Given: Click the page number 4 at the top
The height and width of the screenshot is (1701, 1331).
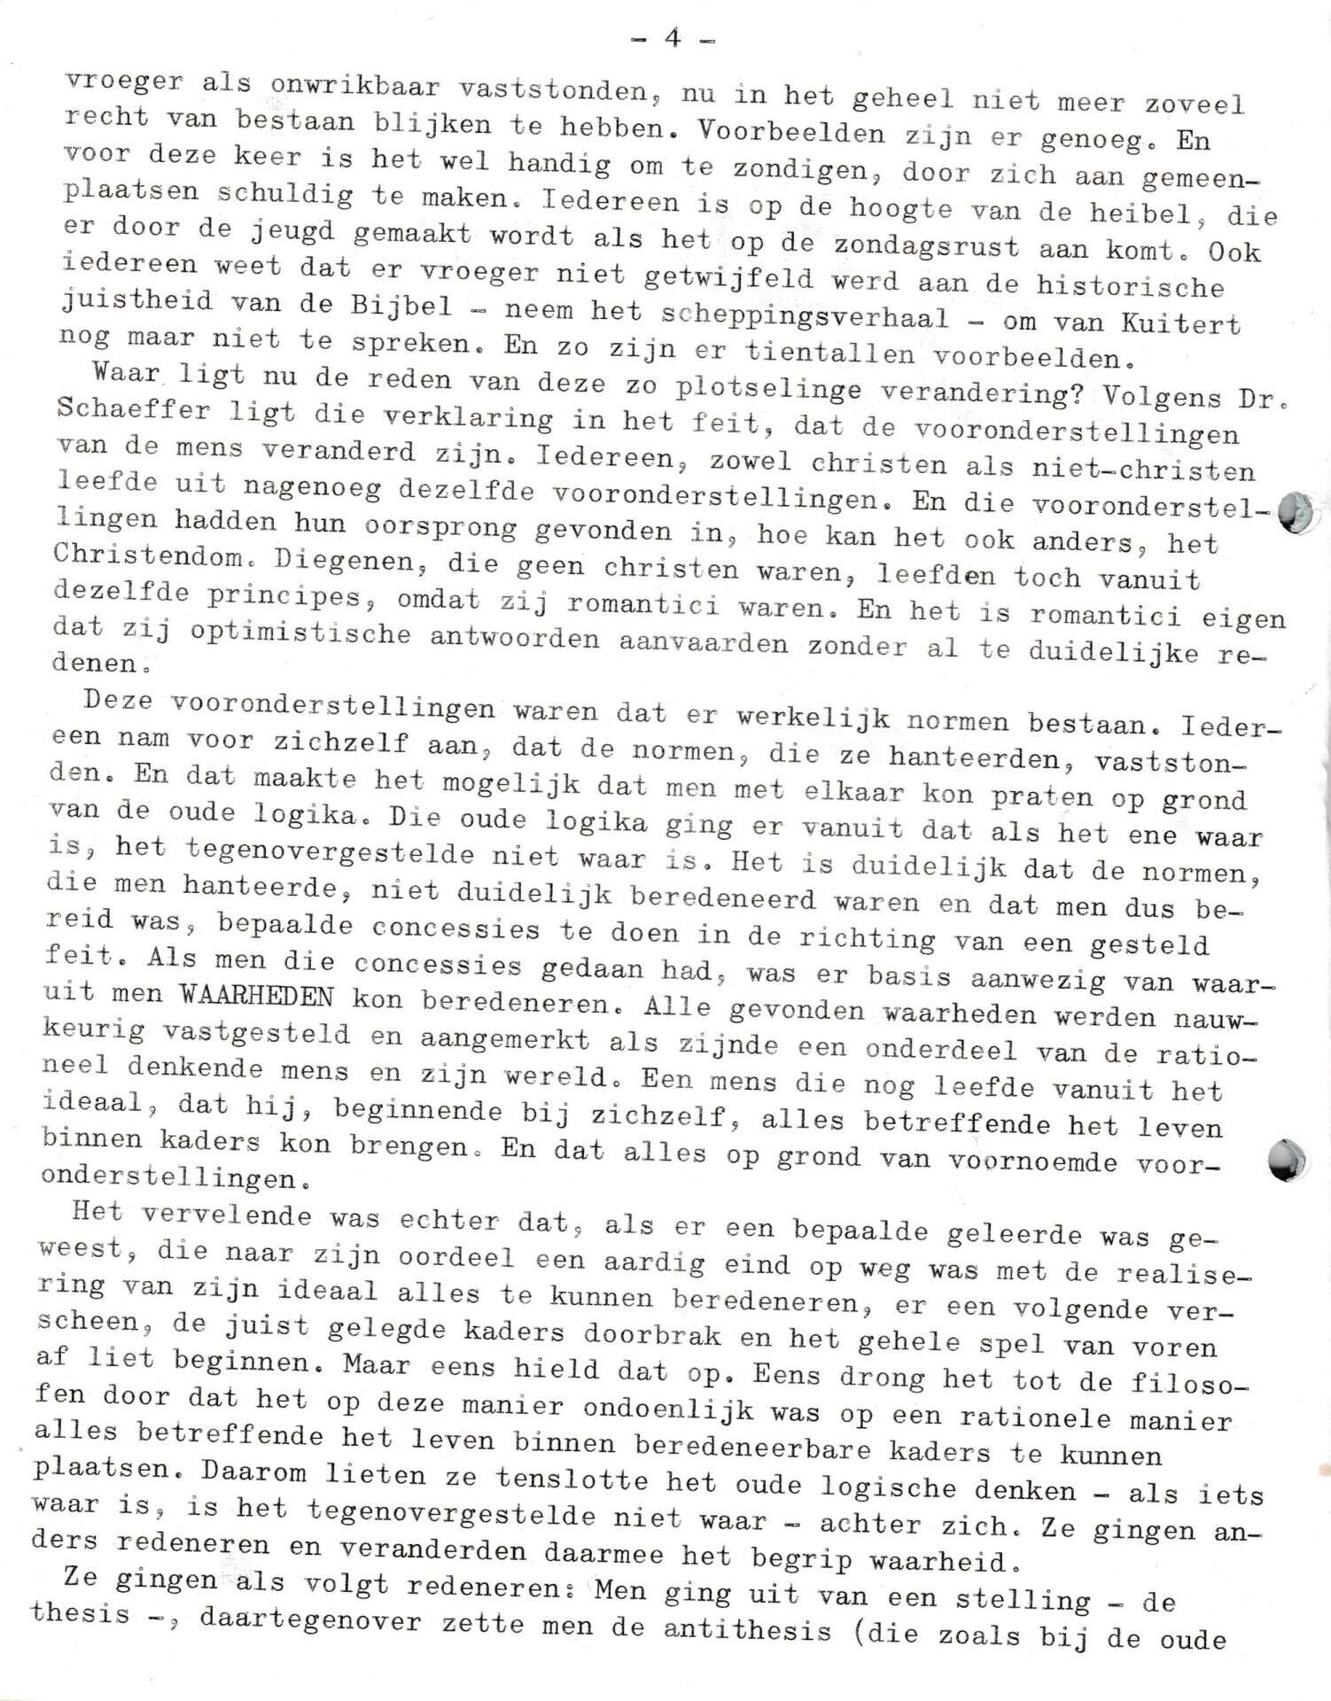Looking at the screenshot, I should coord(673,38).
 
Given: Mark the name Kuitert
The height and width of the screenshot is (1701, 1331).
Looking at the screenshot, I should coord(1179,323).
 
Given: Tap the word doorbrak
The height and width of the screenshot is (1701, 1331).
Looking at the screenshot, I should coord(643,1335).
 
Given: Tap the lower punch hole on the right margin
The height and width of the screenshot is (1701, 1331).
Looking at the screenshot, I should coord(1287,1160).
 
